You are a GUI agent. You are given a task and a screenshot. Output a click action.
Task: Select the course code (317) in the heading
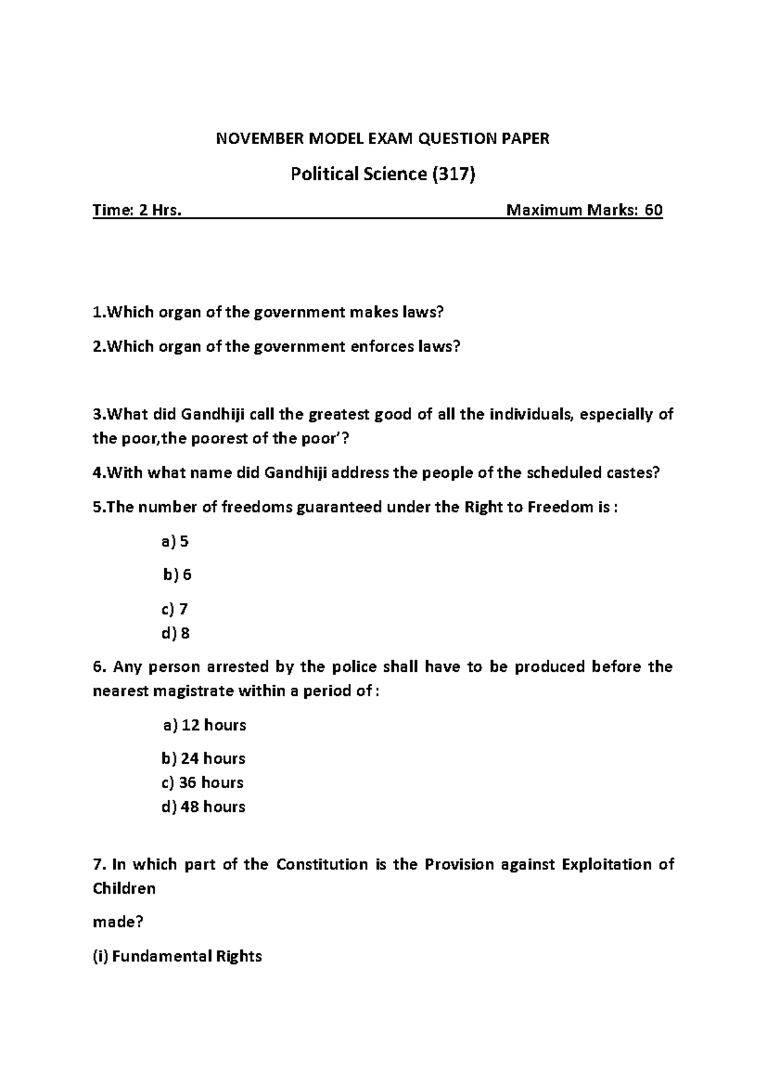click(x=454, y=174)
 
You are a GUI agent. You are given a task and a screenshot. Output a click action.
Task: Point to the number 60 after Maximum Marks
click(x=653, y=210)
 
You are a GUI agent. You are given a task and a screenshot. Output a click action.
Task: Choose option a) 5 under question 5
click(x=175, y=541)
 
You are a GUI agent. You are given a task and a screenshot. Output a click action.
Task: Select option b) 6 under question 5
click(x=177, y=574)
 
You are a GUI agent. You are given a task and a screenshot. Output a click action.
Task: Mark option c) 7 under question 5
click(x=175, y=608)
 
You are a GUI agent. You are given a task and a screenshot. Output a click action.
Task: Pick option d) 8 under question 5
click(x=176, y=633)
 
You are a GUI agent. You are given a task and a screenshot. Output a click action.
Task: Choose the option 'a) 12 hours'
click(x=205, y=725)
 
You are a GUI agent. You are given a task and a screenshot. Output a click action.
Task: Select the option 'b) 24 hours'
click(x=204, y=758)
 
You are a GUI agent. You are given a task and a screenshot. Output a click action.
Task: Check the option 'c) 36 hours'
click(x=203, y=782)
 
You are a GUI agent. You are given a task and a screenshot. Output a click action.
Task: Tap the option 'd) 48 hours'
click(x=204, y=807)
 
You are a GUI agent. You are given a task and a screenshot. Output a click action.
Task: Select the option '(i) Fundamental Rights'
click(x=178, y=956)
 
